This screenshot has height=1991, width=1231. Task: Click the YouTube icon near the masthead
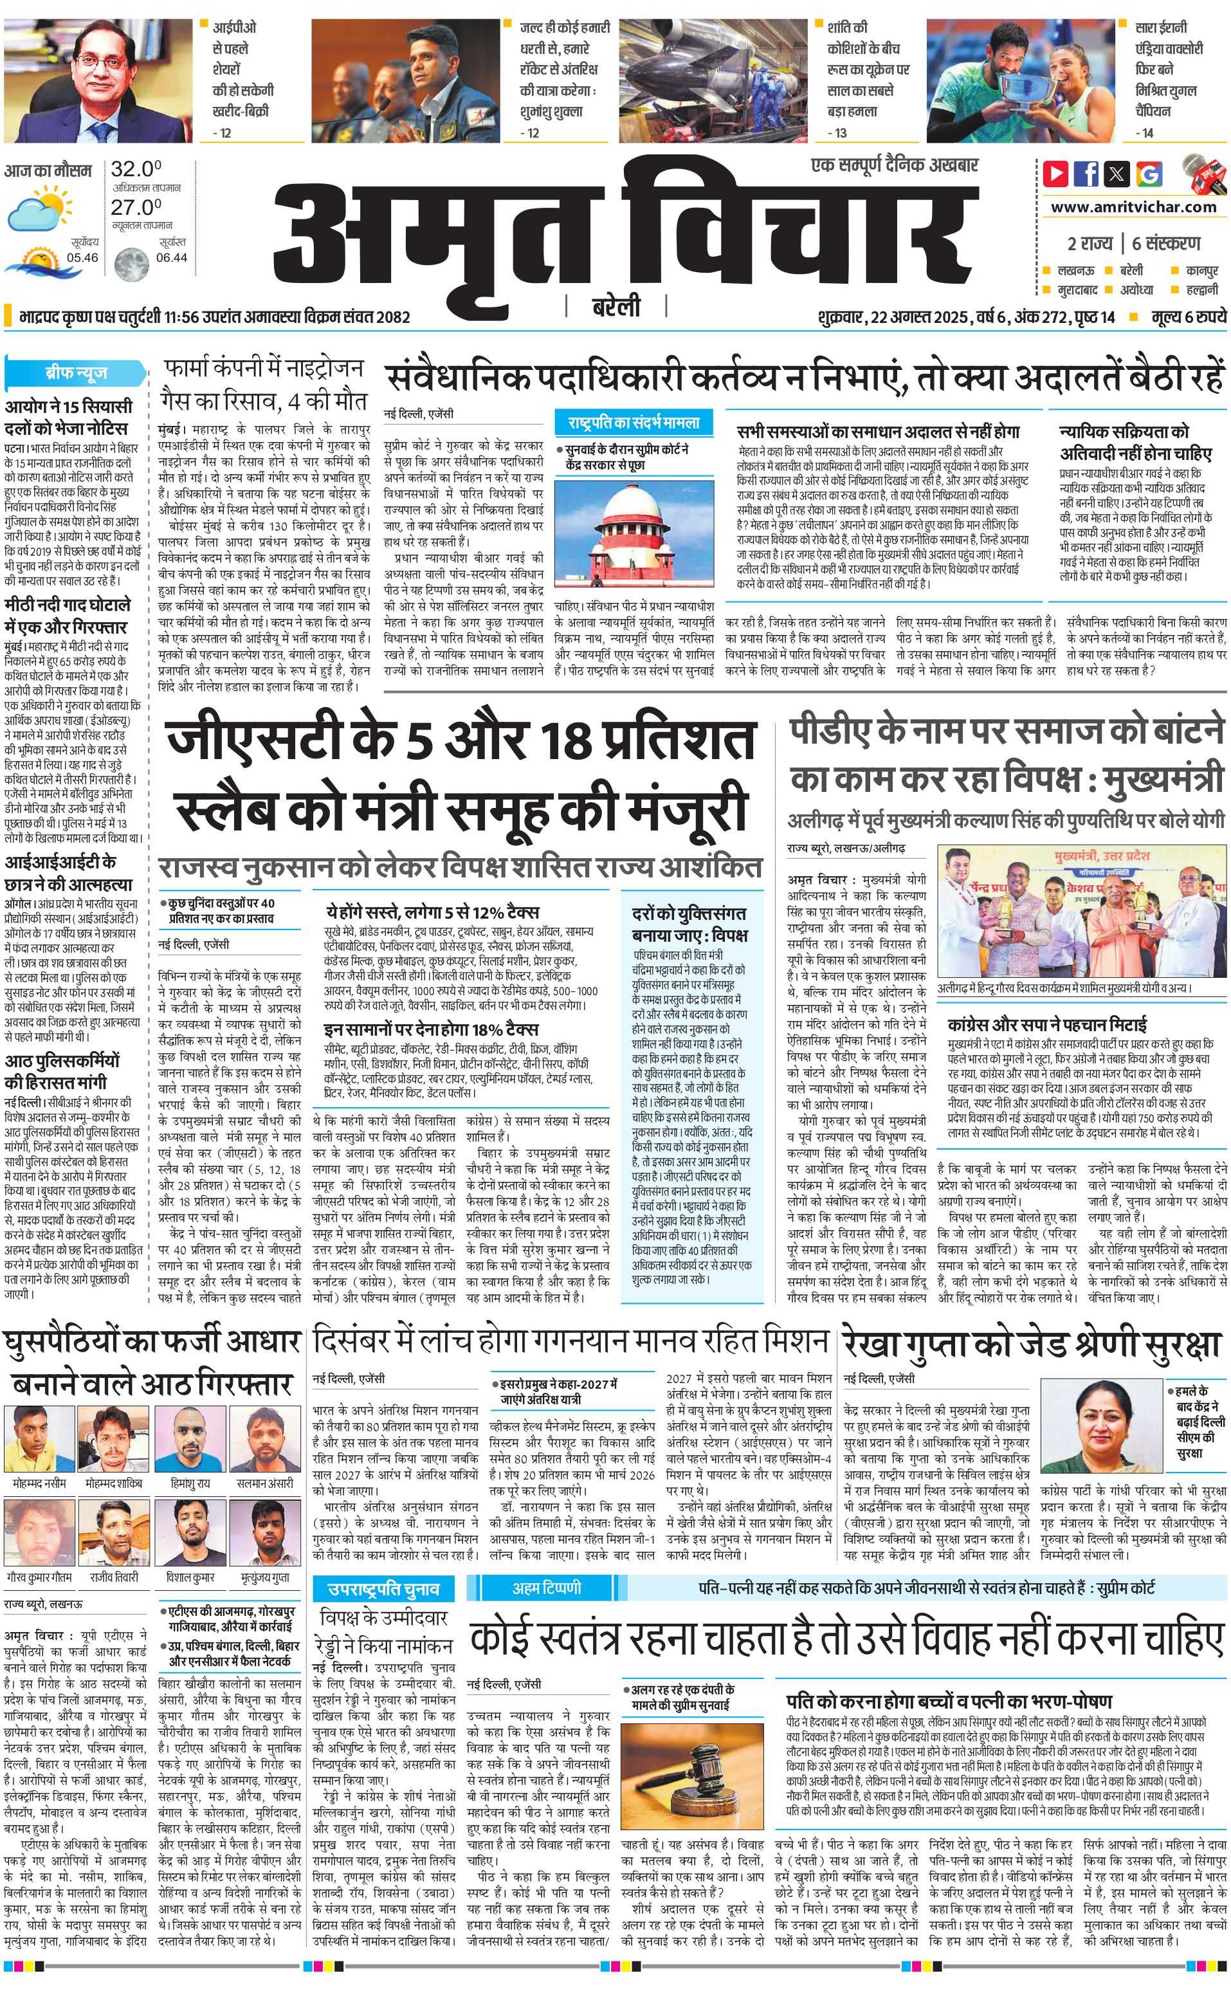[x=1055, y=174]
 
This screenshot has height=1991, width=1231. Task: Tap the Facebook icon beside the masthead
[x=1087, y=174]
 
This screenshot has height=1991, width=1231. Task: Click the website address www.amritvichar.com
[x=1133, y=207]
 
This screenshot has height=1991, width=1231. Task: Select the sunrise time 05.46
[x=82, y=257]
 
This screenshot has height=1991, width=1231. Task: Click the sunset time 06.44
[x=171, y=257]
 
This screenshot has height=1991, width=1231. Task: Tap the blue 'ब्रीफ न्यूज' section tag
[x=76, y=374]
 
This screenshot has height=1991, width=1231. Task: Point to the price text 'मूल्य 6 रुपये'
[x=1189, y=317]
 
